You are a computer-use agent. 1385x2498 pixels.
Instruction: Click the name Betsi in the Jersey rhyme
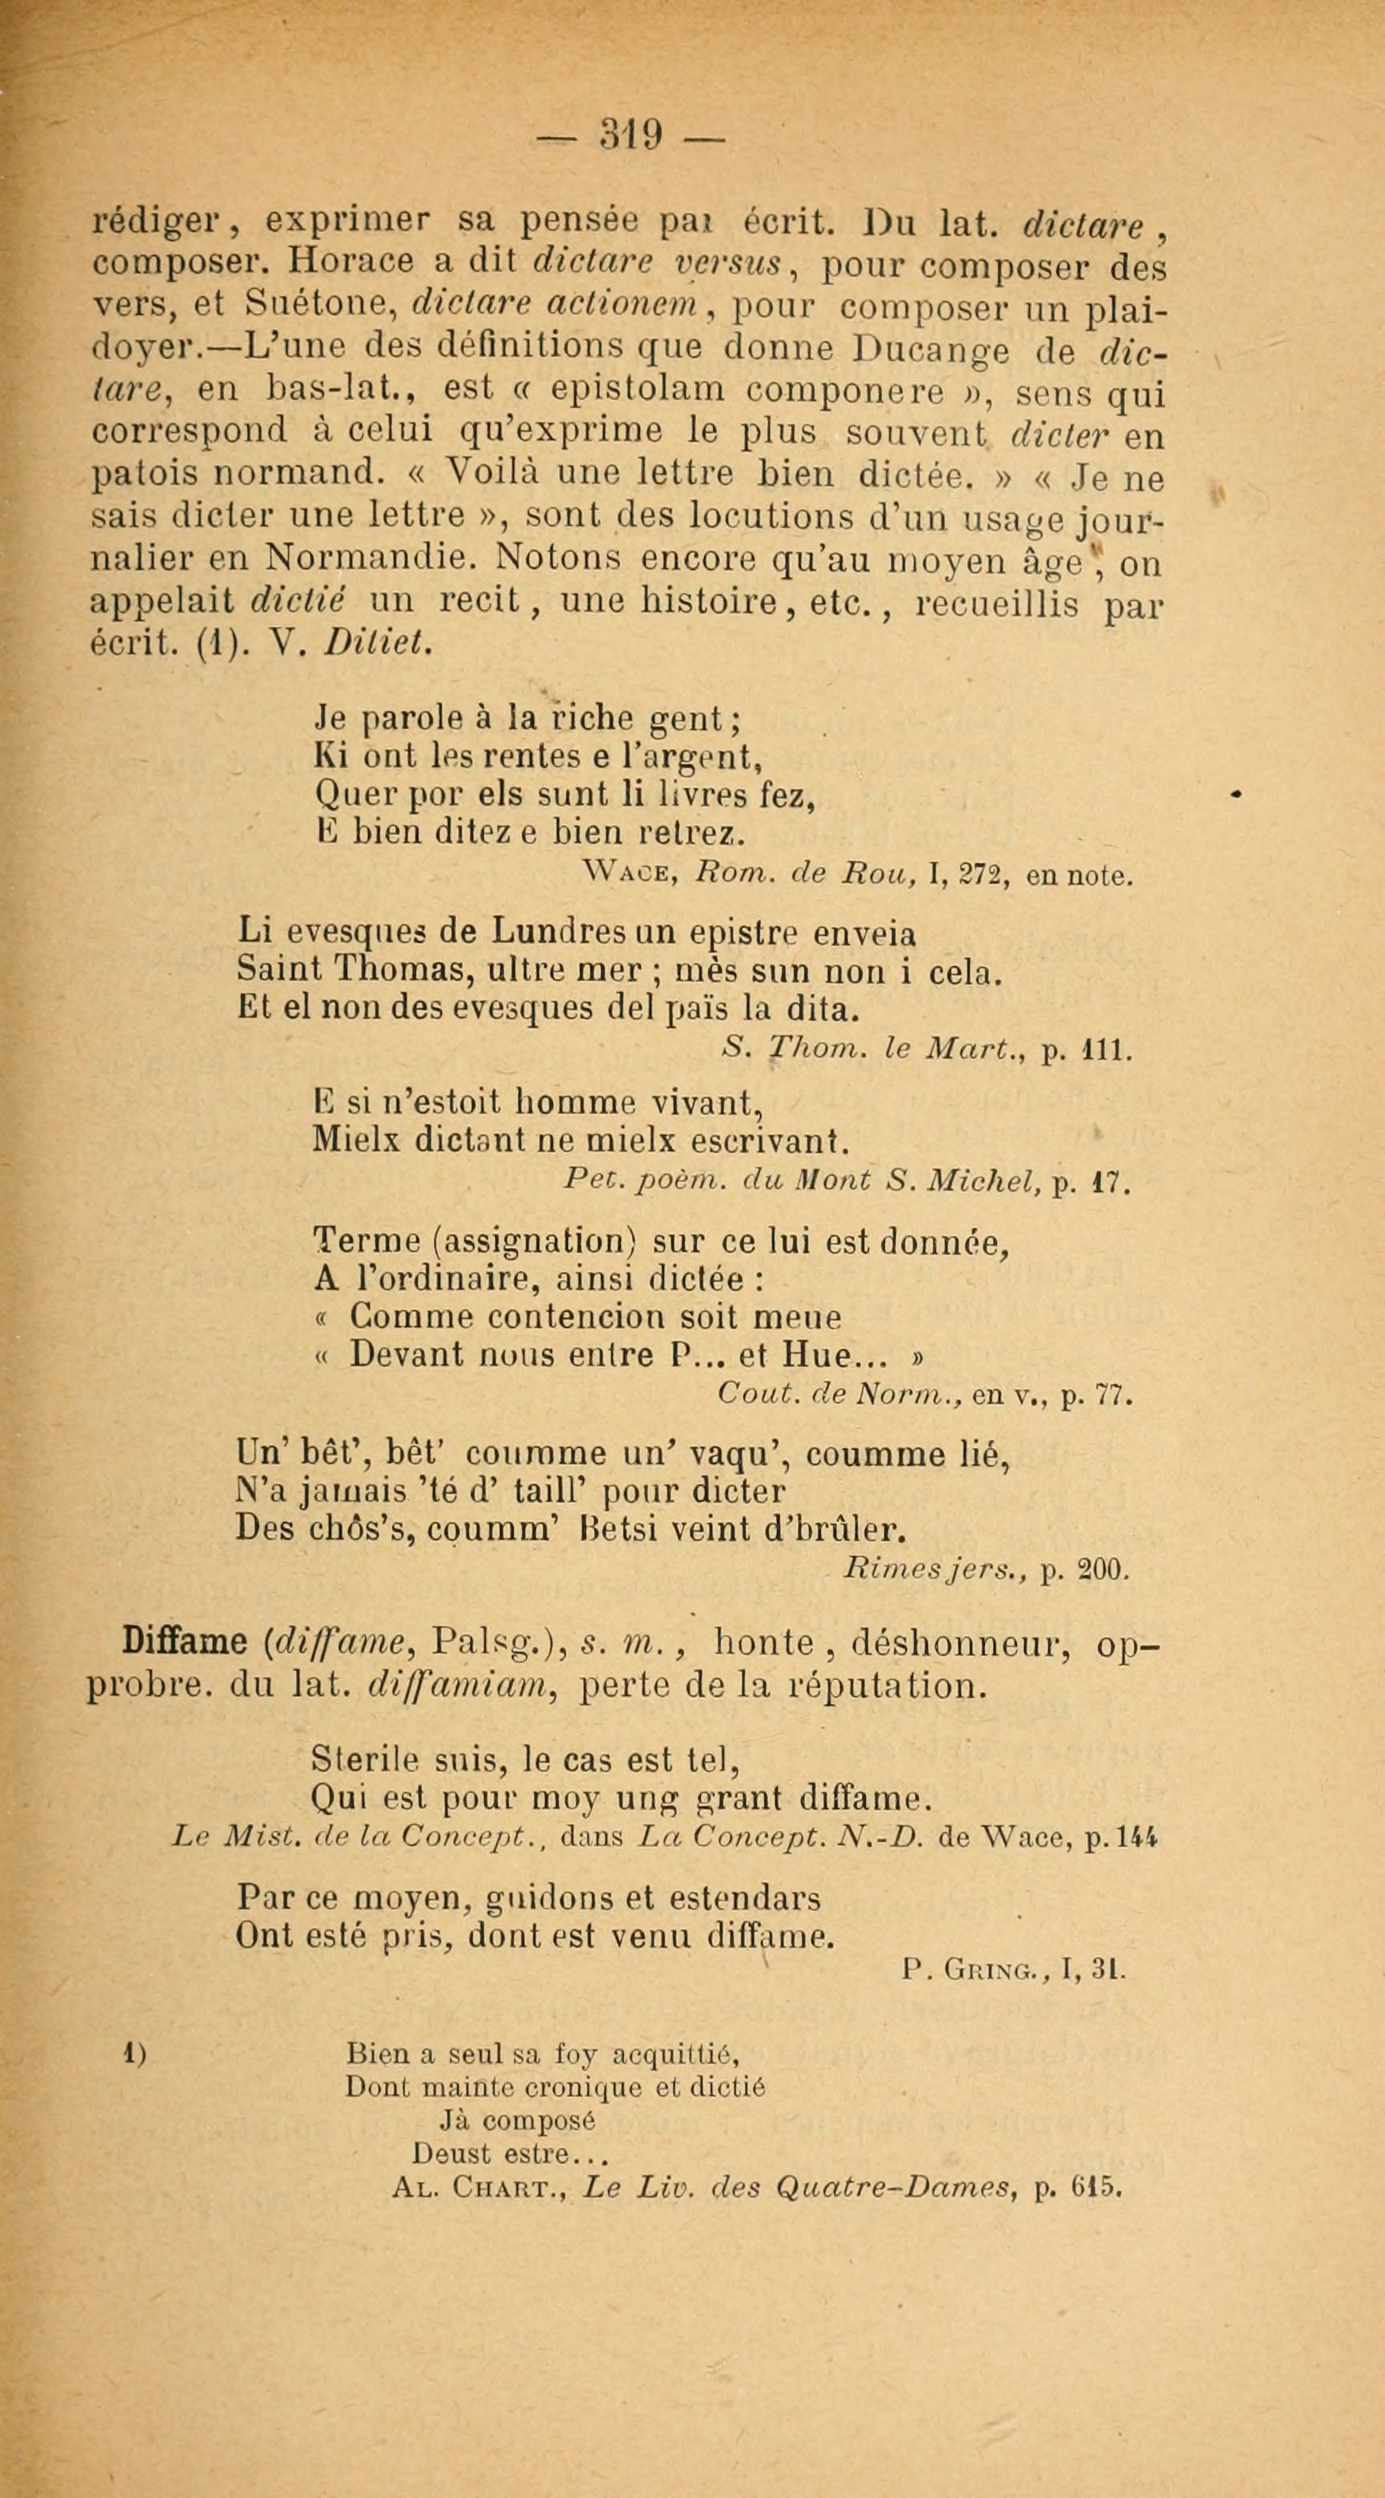[618, 1530]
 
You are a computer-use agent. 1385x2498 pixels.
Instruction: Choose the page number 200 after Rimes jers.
[1101, 1569]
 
